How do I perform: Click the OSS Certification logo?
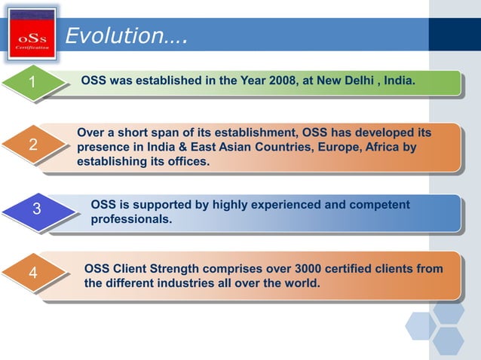[32, 34]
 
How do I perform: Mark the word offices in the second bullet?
[187, 162]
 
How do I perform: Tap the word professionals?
[131, 220]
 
